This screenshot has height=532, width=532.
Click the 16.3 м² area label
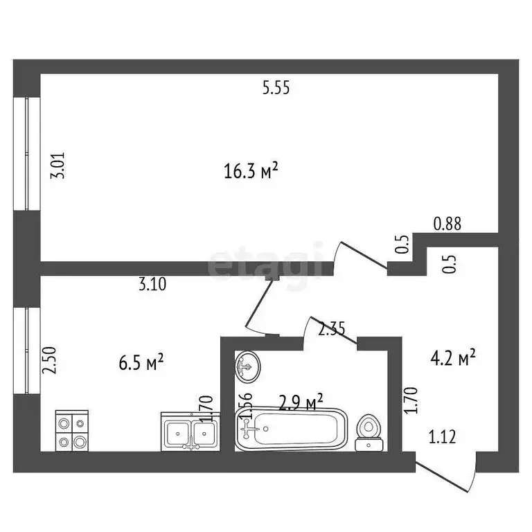pos(251,170)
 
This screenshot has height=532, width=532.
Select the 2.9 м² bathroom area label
pos(301,402)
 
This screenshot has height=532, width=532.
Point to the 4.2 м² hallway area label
pos(453,358)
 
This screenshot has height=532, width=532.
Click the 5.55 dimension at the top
pos(275,88)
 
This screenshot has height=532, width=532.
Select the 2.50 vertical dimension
pos(48,361)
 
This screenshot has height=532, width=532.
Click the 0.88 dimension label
pos(447,224)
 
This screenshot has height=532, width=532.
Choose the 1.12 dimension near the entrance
pos(443,436)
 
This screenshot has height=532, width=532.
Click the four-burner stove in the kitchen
pos(71,431)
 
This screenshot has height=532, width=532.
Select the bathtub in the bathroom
pos(290,429)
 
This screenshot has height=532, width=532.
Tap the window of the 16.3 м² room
pos(27,153)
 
